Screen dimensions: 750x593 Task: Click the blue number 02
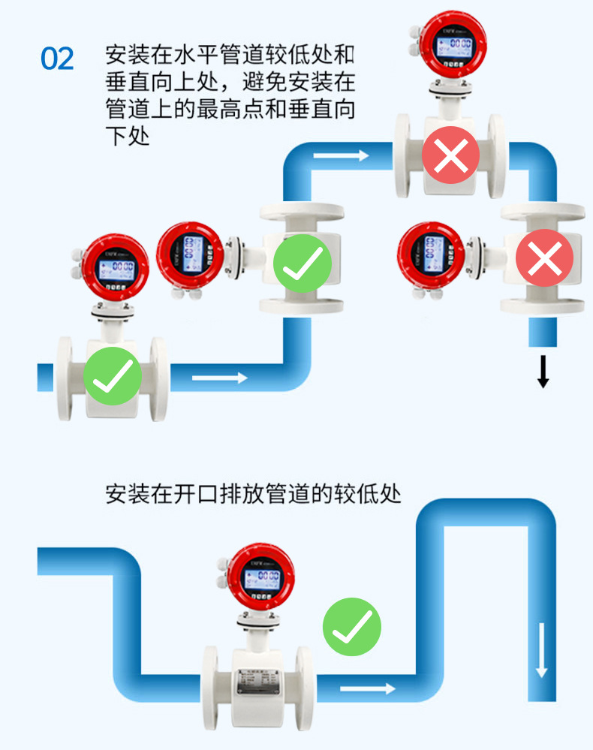click(x=57, y=59)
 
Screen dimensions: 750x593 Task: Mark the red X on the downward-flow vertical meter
click(x=544, y=259)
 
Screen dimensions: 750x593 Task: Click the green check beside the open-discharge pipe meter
click(x=352, y=627)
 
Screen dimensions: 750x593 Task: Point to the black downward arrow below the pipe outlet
click(x=543, y=372)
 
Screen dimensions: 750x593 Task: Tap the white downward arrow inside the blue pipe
click(x=540, y=649)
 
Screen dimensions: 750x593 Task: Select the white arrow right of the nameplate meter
click(x=367, y=687)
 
